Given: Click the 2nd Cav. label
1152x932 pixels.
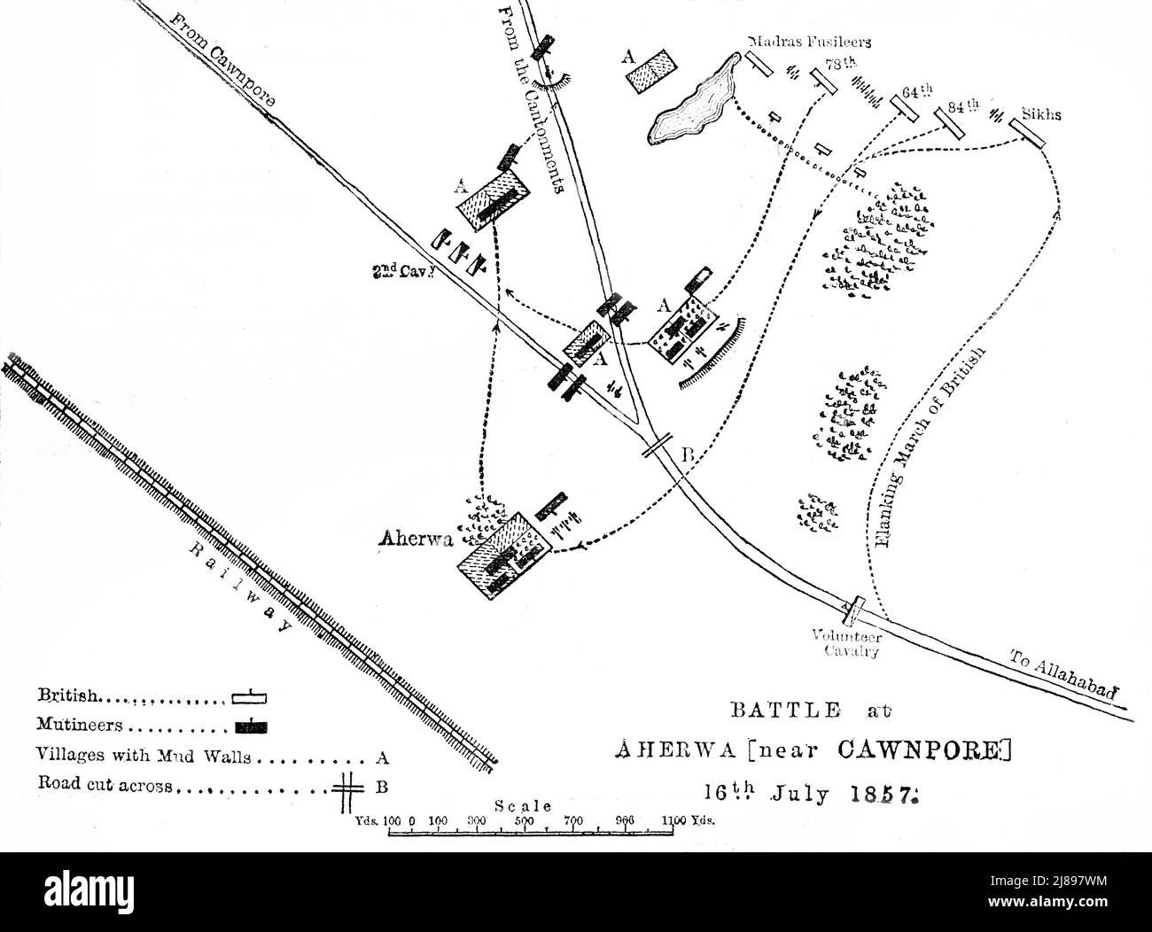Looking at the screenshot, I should pos(401,273).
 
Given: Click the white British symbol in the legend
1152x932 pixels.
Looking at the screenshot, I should pos(249,697).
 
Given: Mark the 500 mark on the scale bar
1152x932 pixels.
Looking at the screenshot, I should pos(523,819).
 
